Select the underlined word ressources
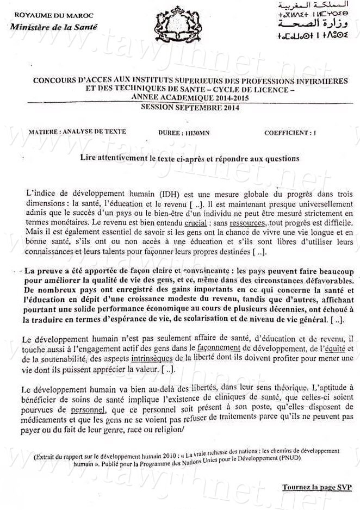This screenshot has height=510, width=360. [x=186, y=223]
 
